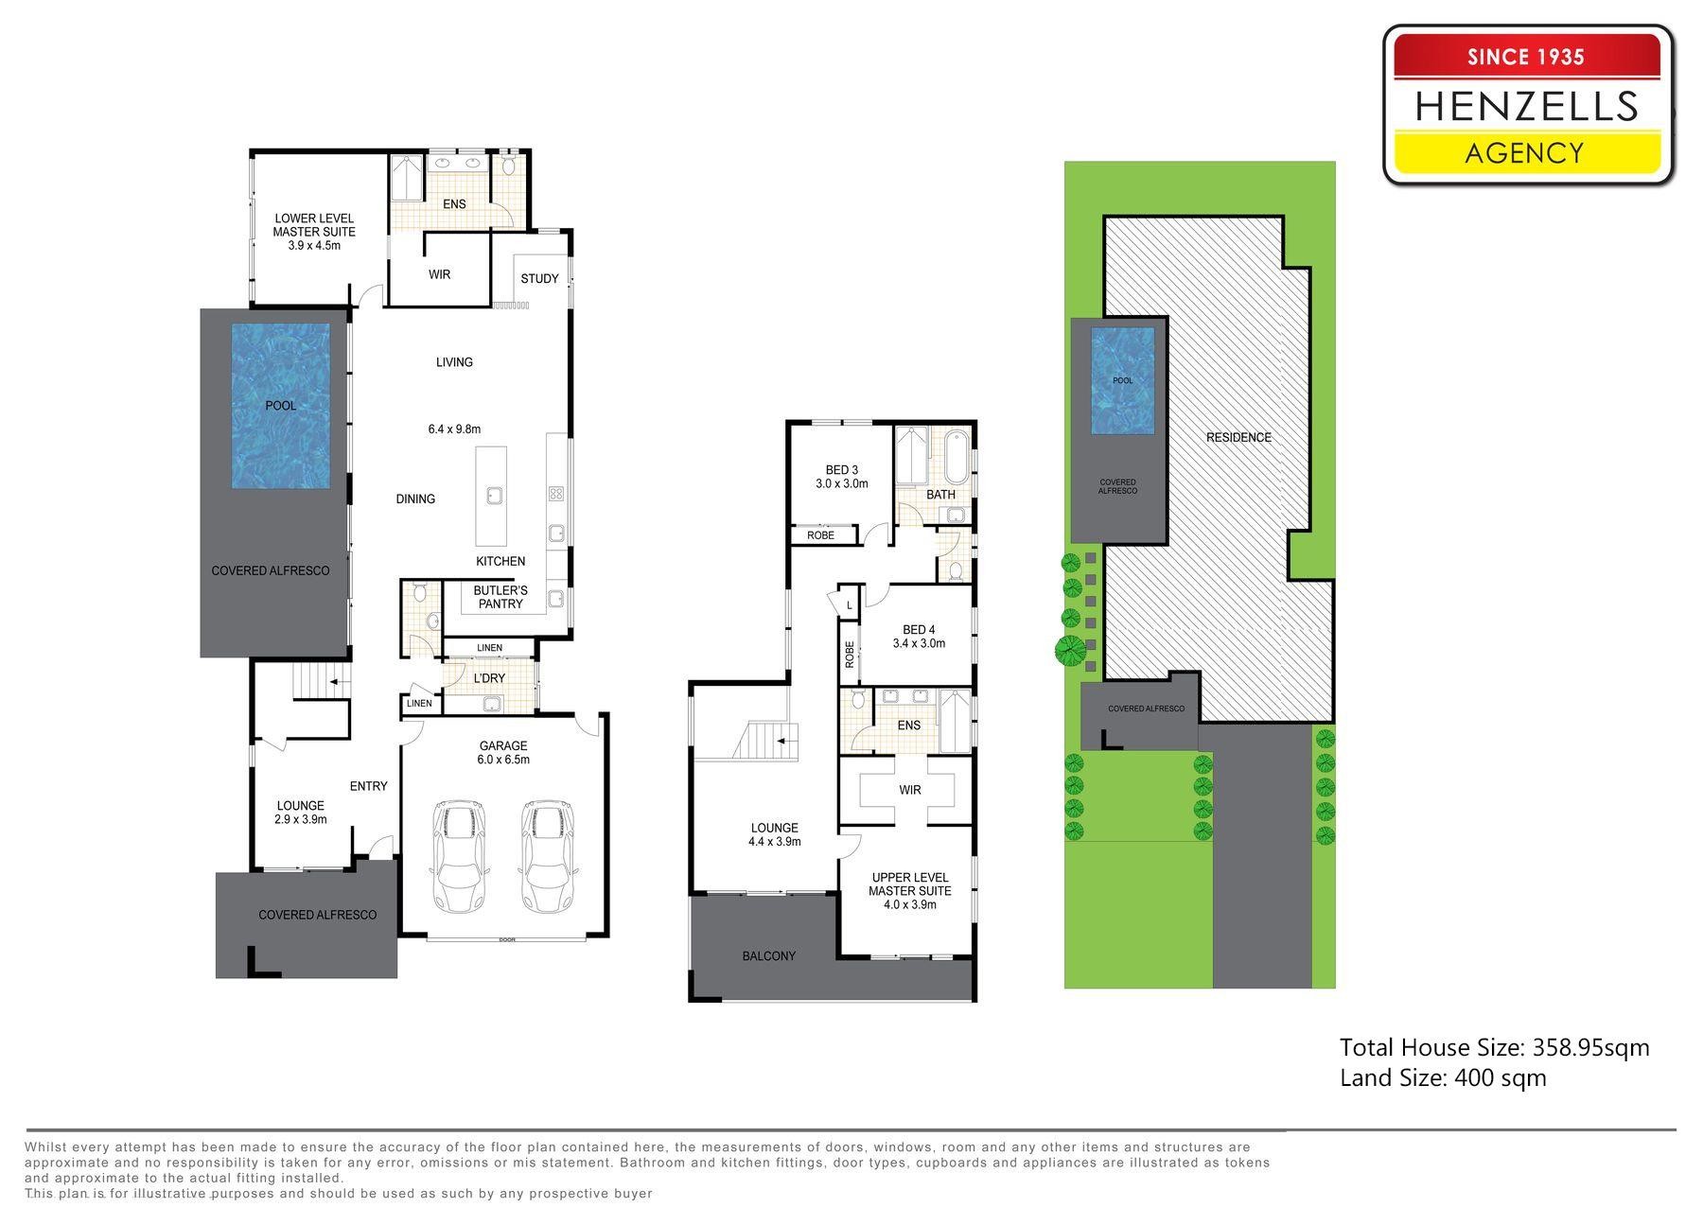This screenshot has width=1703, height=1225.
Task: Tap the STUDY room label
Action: [539, 278]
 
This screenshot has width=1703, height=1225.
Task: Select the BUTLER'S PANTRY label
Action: [500, 597]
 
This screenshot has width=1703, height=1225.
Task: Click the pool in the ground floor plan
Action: [281, 406]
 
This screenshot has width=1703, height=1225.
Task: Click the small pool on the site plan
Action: [1123, 380]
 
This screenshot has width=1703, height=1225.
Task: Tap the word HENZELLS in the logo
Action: [1526, 106]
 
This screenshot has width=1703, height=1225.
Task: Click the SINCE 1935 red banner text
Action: [1526, 57]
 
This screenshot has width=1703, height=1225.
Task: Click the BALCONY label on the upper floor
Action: [769, 955]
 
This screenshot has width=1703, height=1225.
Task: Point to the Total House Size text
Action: [1495, 1047]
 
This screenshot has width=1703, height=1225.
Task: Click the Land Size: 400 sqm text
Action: [1443, 1077]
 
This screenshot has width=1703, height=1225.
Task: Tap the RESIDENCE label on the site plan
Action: [1238, 437]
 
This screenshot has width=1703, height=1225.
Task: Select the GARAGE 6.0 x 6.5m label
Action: [502, 753]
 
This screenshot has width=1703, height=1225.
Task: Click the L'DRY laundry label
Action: [489, 678]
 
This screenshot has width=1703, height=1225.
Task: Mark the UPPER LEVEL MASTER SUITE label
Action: [910, 891]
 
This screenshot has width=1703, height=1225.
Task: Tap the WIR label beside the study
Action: [439, 274]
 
